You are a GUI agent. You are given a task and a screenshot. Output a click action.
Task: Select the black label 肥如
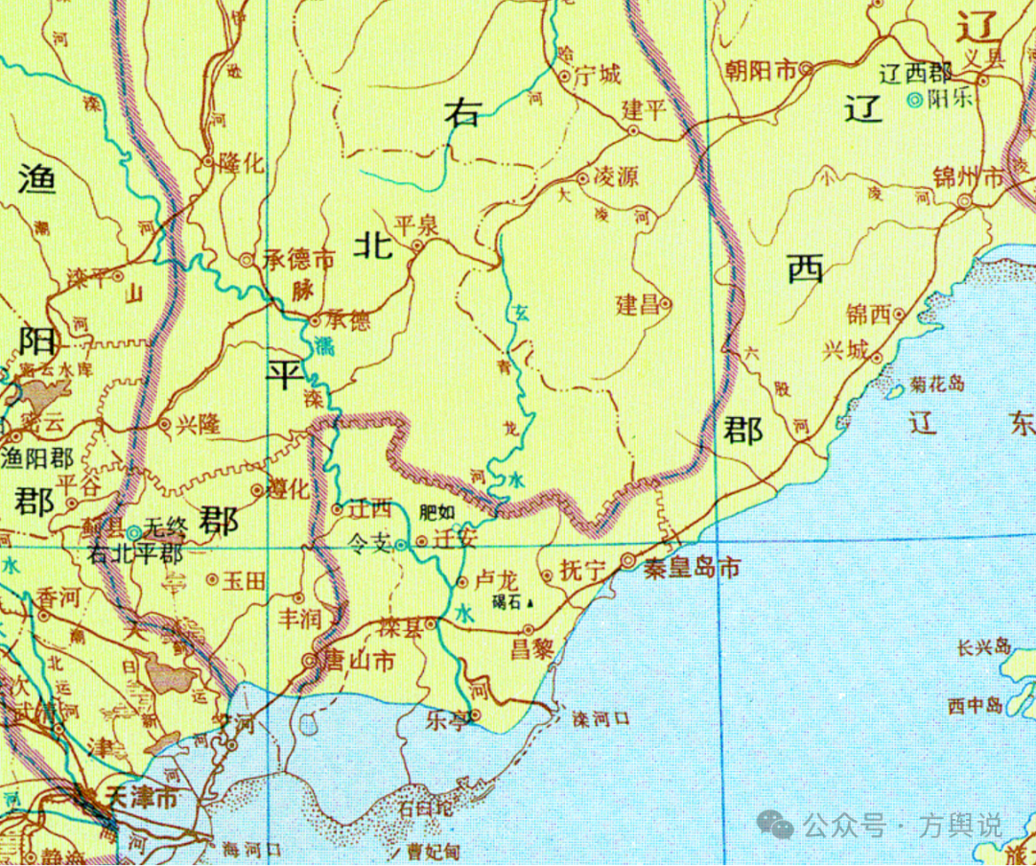437,511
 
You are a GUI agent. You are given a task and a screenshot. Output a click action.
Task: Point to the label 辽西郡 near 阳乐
916,73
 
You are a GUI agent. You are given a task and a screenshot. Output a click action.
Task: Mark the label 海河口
250,848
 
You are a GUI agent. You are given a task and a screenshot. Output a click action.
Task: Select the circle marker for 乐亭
474,713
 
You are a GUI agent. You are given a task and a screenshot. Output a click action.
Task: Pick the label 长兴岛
984,647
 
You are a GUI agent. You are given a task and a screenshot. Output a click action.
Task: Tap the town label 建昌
638,305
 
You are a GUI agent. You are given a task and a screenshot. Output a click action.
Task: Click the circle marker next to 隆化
207,162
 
